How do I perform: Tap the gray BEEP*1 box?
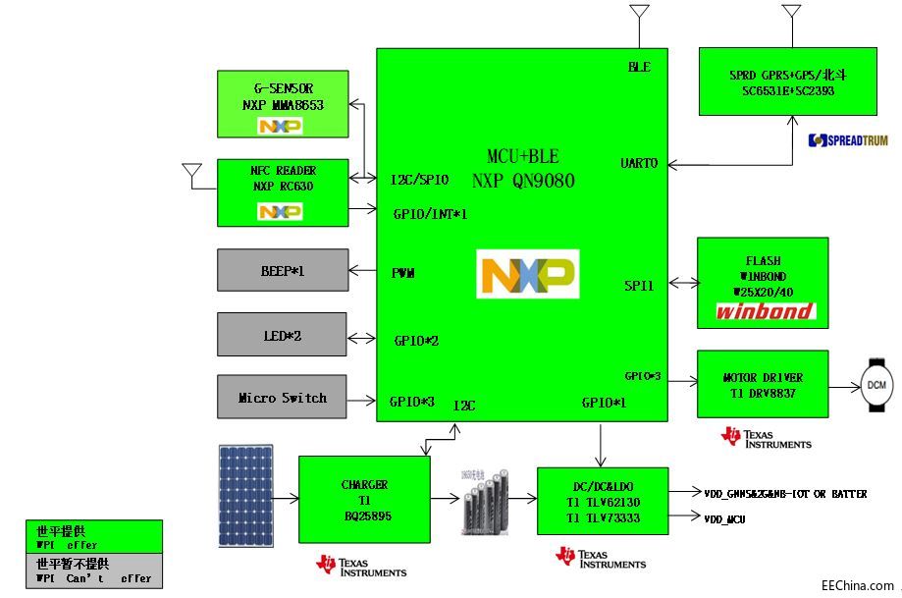pyautogui.click(x=282, y=270)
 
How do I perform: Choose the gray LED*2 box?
pyautogui.click(x=282, y=334)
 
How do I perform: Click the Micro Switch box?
pyautogui.click(x=282, y=397)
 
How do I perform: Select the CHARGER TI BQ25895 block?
pyautogui.click(x=364, y=499)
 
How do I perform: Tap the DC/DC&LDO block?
pyautogui.click(x=602, y=500)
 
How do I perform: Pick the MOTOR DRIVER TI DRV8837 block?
pyautogui.click(x=762, y=383)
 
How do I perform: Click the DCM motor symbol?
pyautogui.click(x=876, y=383)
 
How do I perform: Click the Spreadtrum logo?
pyautogui.click(x=847, y=140)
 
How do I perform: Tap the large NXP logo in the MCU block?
pyautogui.click(x=527, y=274)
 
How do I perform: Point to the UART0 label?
pyautogui.click(x=639, y=163)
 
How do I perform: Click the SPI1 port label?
pyautogui.click(x=639, y=285)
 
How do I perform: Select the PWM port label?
pyautogui.click(x=403, y=272)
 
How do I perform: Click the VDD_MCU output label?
pyautogui.click(x=724, y=518)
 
